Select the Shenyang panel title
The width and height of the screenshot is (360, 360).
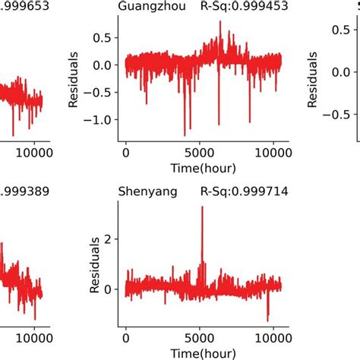144,192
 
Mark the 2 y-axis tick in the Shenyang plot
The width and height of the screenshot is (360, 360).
113,239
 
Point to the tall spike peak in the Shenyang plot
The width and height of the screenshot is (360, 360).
202,207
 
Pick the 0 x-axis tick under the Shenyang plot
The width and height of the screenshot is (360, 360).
127,336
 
